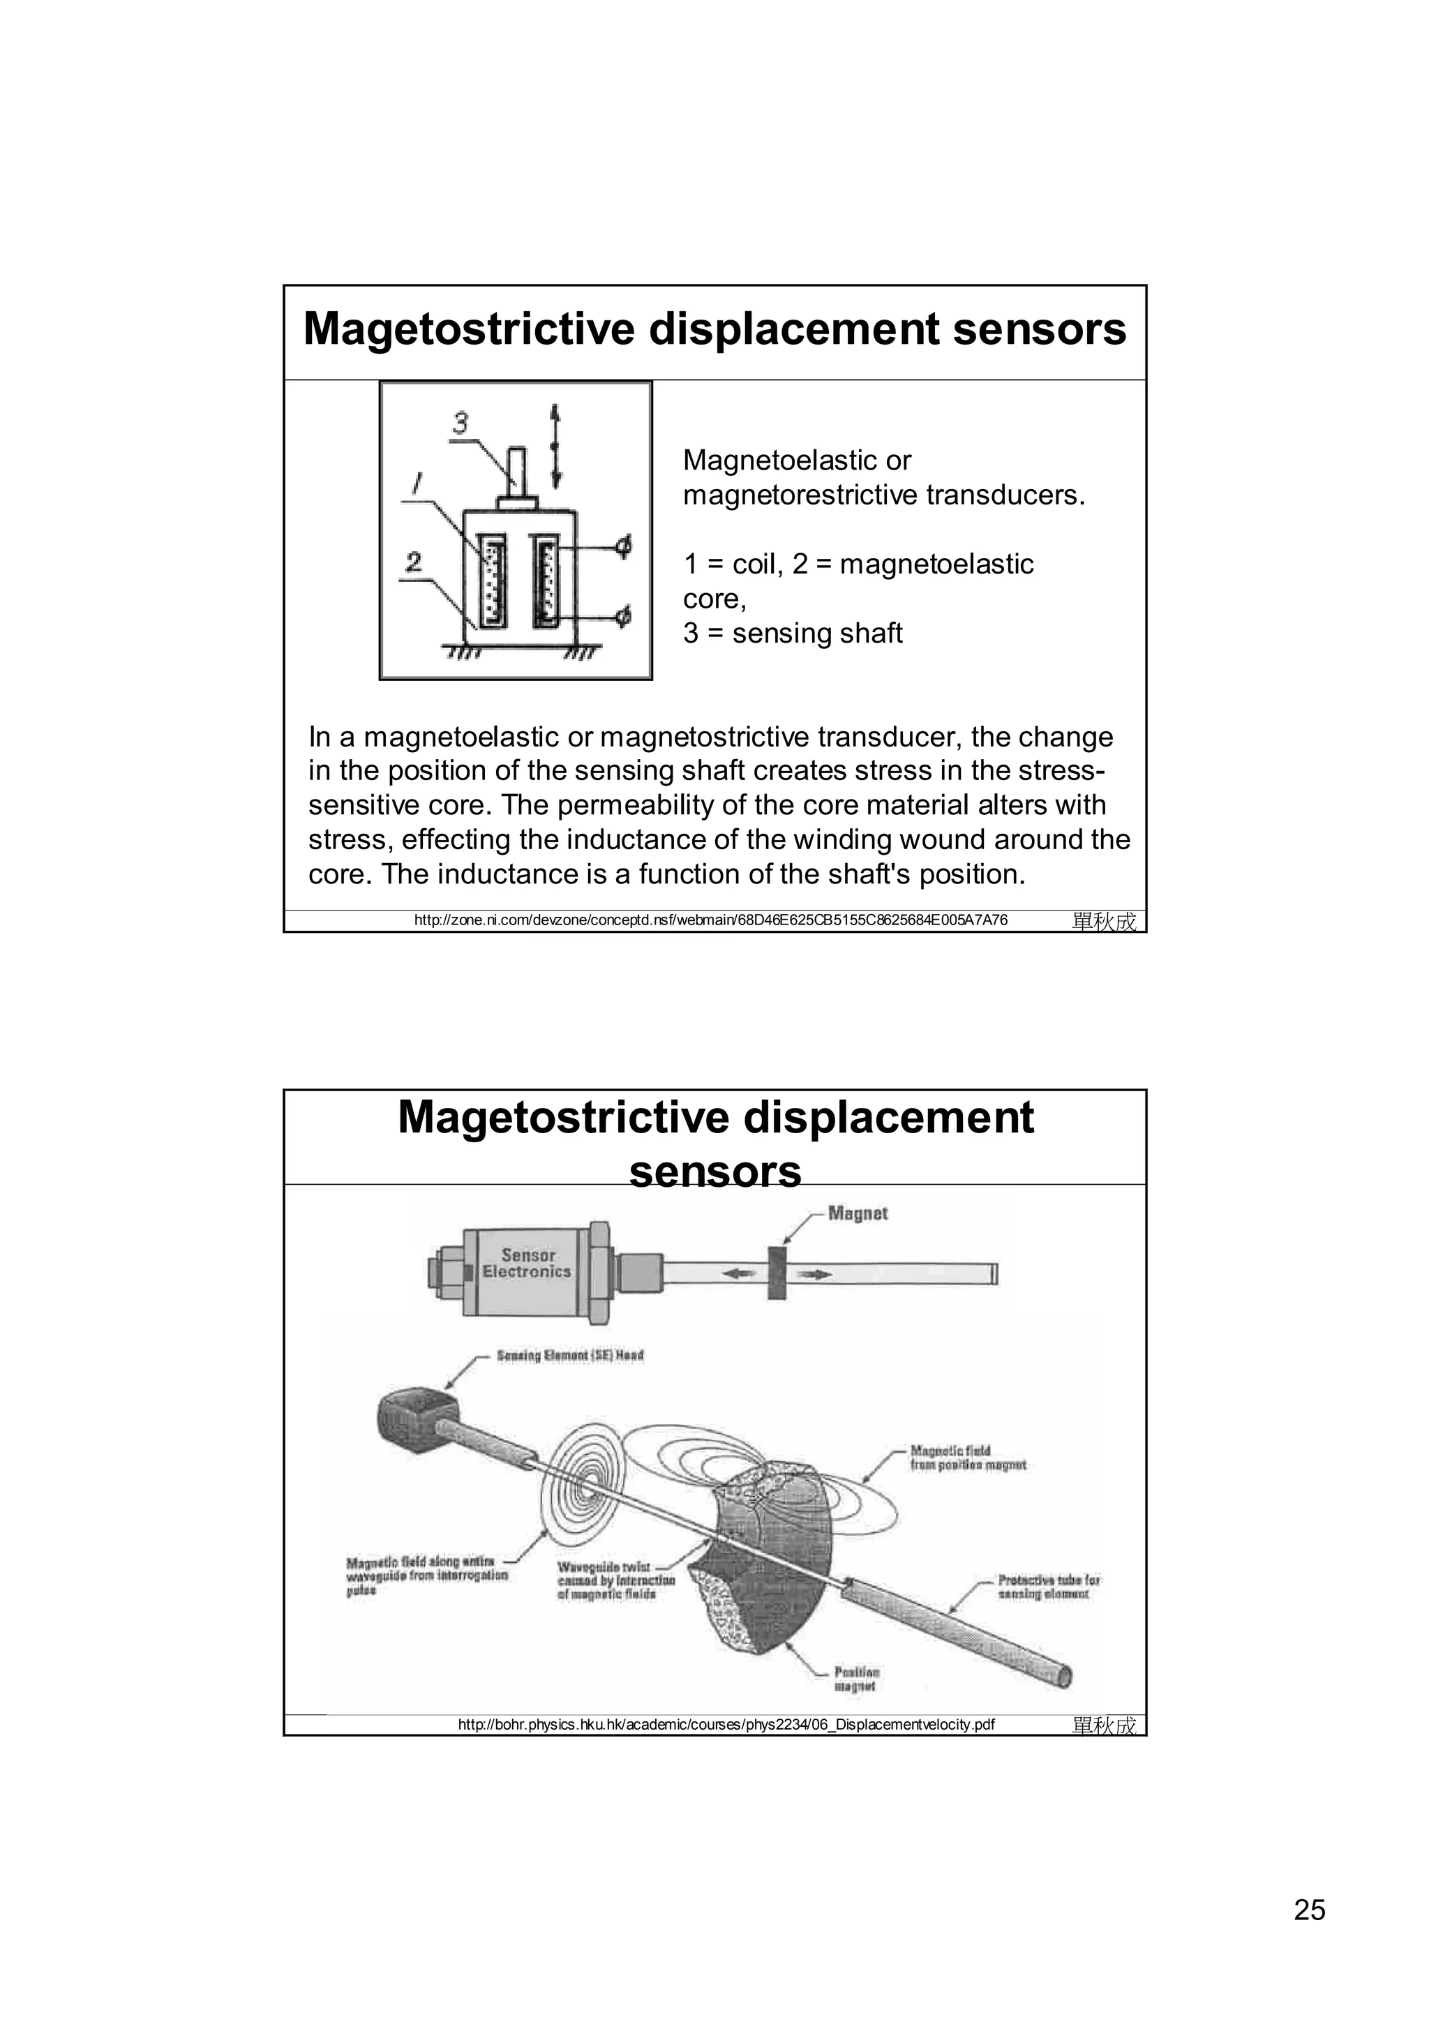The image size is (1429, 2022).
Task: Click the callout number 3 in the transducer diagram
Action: [461, 424]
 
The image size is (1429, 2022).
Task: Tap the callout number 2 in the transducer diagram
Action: [414, 561]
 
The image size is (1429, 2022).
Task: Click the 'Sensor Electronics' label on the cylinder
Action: [528, 1263]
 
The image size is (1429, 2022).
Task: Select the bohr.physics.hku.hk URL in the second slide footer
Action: [726, 1724]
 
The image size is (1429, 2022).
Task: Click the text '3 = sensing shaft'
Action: [793, 634]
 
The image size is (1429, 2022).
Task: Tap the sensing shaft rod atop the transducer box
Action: [517, 473]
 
